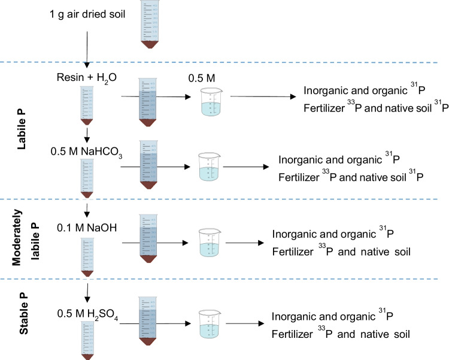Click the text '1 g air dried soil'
[87, 13]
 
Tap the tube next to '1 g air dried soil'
[150, 23]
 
